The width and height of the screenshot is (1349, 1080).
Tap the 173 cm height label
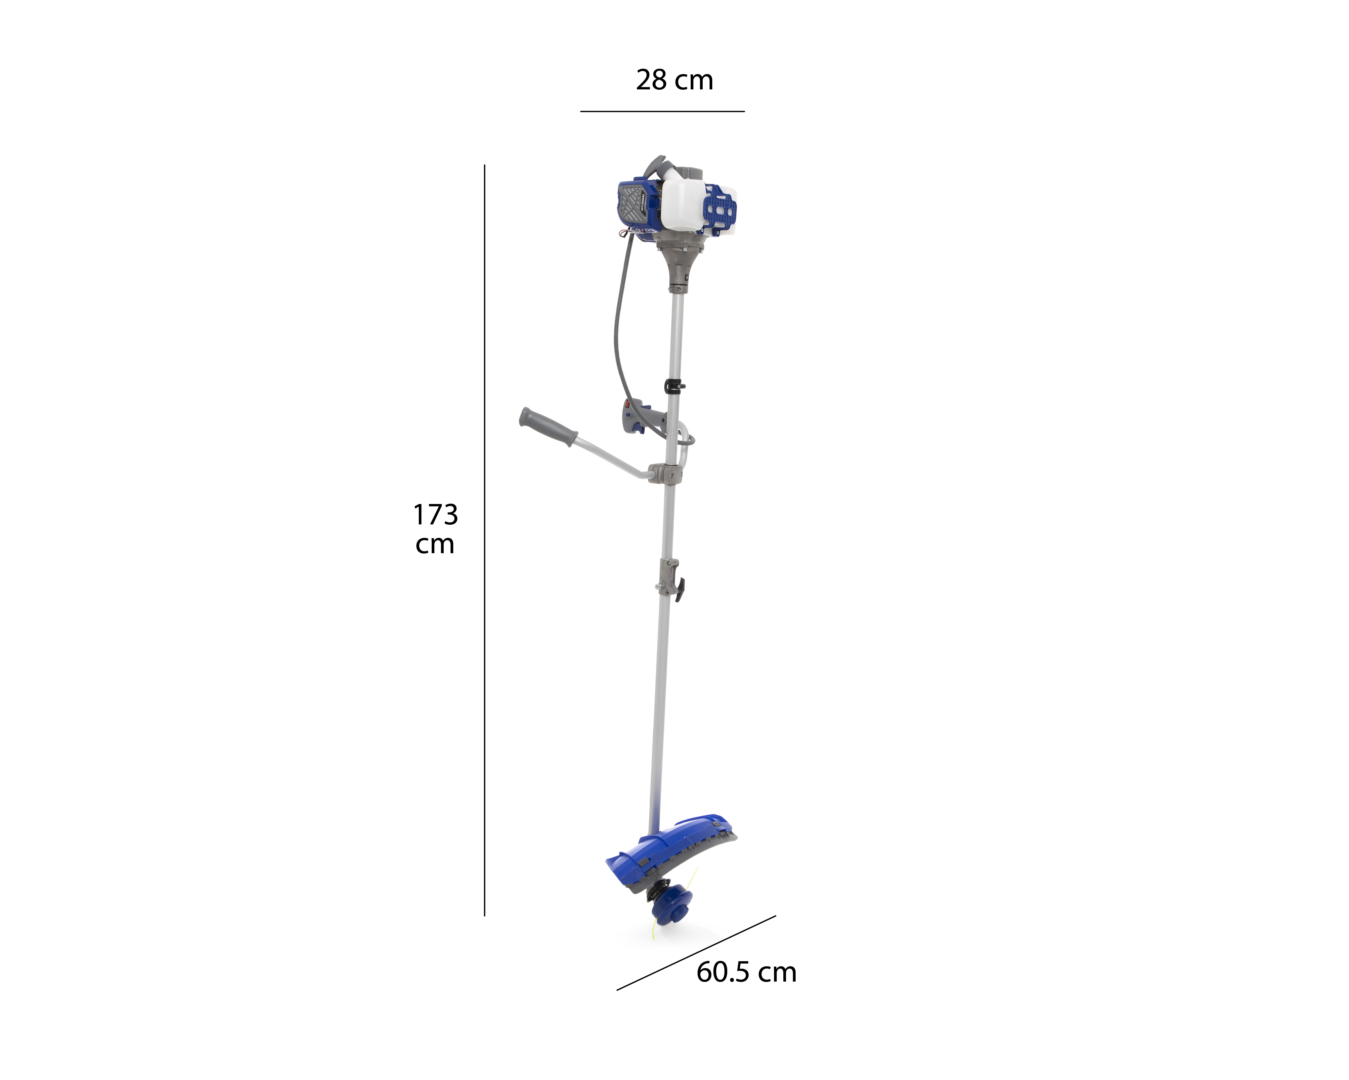coord(436,528)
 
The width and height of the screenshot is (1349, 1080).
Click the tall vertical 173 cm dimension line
coord(484,540)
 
